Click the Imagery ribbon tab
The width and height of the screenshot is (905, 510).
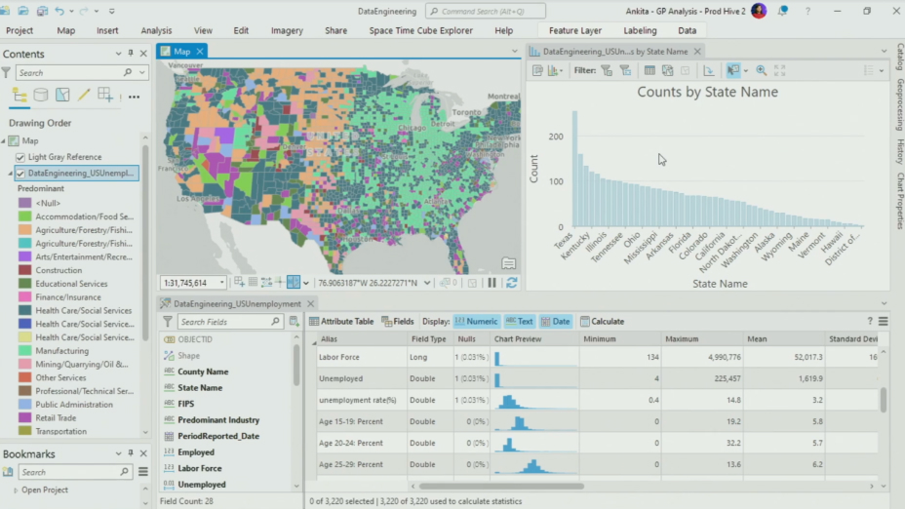click(287, 30)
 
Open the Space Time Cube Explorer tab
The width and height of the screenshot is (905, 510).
click(420, 30)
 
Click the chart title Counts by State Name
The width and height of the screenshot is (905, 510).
click(707, 92)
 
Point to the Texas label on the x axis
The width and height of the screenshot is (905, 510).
click(564, 240)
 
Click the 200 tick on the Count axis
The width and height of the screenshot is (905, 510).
click(555, 137)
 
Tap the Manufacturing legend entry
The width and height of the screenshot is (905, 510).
click(61, 350)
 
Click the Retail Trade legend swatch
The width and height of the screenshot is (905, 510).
click(25, 417)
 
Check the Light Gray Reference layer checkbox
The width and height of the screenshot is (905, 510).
click(20, 157)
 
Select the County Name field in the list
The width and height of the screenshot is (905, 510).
click(203, 372)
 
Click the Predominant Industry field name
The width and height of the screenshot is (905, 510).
click(218, 420)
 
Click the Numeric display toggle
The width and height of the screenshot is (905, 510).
click(475, 321)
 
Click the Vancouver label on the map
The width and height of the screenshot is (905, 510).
click(185, 65)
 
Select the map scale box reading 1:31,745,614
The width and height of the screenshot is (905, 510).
click(187, 283)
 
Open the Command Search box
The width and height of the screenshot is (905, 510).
click(485, 11)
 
